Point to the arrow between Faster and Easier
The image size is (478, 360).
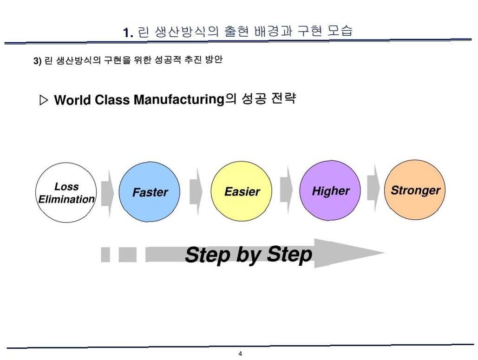[x=196, y=191]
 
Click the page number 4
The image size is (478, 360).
[x=240, y=354]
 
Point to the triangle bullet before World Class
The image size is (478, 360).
[x=44, y=100]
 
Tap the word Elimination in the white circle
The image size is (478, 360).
[x=66, y=199]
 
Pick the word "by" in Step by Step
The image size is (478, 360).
[x=248, y=255]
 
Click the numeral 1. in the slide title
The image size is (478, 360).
[x=128, y=33]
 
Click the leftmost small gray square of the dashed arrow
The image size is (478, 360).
[x=105, y=255]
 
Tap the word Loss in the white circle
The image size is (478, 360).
[x=66, y=187]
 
